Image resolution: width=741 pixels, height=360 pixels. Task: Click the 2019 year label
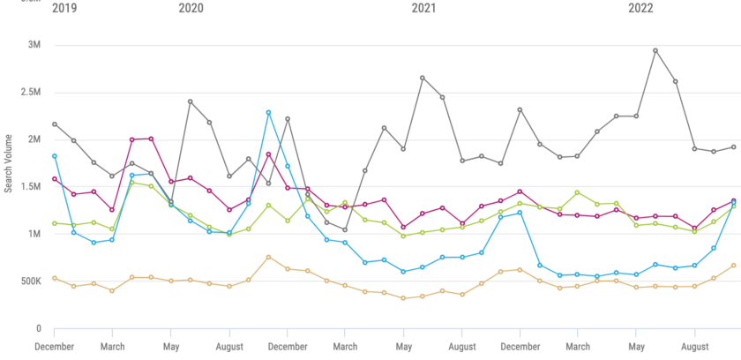(64, 9)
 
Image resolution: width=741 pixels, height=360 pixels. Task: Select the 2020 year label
(191, 9)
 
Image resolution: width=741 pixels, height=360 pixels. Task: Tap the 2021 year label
(423, 9)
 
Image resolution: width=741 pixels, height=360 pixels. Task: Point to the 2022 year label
(640, 9)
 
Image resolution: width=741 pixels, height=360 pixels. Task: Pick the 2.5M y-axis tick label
(31, 93)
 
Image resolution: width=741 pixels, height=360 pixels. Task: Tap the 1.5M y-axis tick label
(31, 187)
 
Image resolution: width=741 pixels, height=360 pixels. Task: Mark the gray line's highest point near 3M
(655, 50)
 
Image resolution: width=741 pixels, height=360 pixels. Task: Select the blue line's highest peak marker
(268, 112)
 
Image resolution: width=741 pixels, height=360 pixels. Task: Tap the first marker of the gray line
(55, 124)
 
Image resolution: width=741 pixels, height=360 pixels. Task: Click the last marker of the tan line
(734, 266)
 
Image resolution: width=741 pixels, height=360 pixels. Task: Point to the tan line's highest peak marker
(268, 257)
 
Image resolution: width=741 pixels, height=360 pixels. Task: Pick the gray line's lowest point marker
(345, 230)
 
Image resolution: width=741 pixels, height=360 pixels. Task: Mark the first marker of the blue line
(55, 156)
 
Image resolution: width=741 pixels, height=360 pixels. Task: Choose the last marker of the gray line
(734, 147)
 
